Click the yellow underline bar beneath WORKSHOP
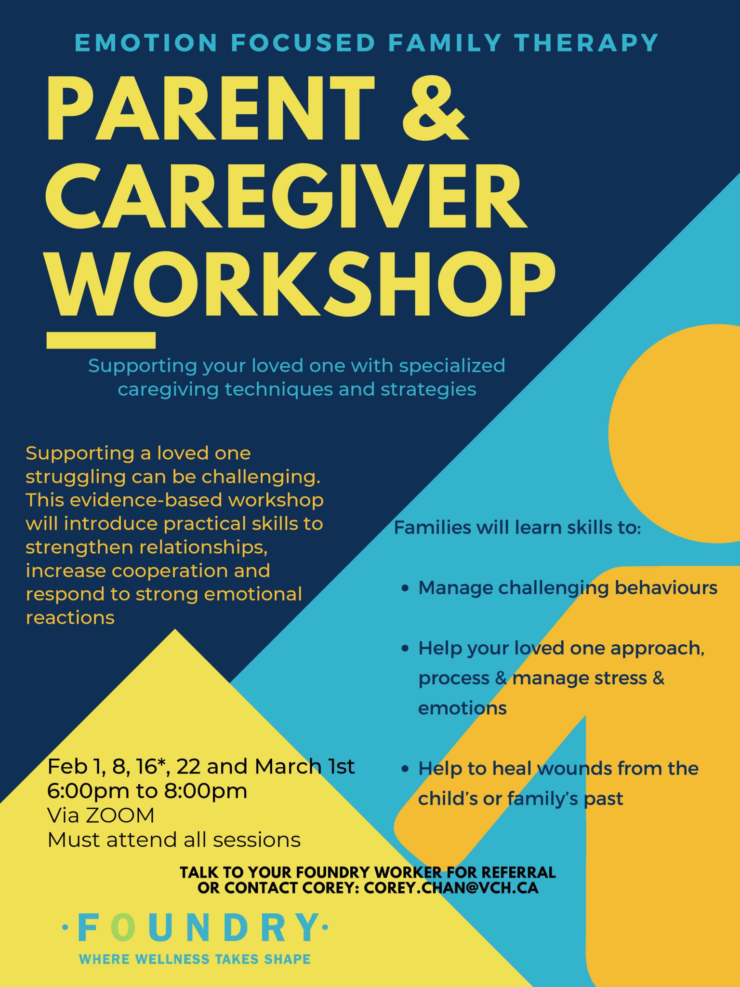(101, 340)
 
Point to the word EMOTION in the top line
(146, 42)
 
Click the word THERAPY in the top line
(586, 42)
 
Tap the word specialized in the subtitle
(452, 366)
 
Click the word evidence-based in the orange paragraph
(146, 500)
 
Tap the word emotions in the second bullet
(462, 708)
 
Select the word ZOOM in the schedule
(120, 815)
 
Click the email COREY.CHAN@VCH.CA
(451, 888)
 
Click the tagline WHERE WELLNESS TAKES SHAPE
(195, 959)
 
